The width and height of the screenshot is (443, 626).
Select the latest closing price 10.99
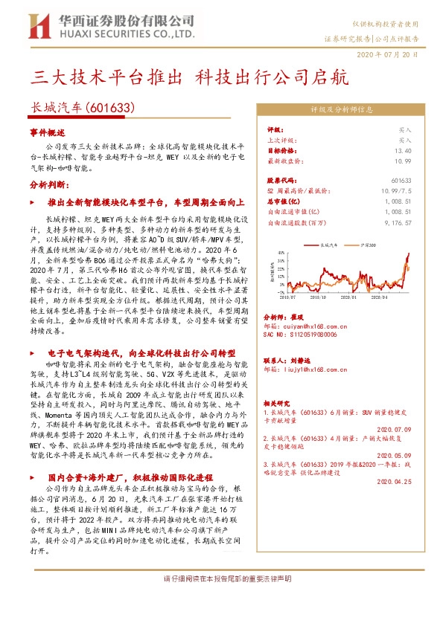point(403,160)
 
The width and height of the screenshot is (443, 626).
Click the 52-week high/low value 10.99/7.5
point(395,191)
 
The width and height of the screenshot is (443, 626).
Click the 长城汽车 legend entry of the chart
point(328,244)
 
